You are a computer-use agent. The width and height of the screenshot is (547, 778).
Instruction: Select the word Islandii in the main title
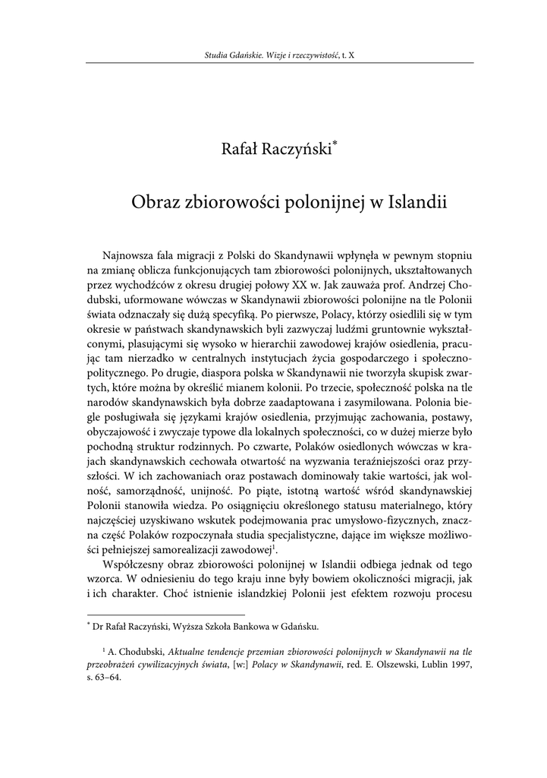click(x=417, y=204)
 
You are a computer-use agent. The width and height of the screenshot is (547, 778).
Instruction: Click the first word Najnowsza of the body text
click(x=130, y=253)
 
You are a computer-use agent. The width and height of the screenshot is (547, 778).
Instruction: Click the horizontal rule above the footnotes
click(x=166, y=615)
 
